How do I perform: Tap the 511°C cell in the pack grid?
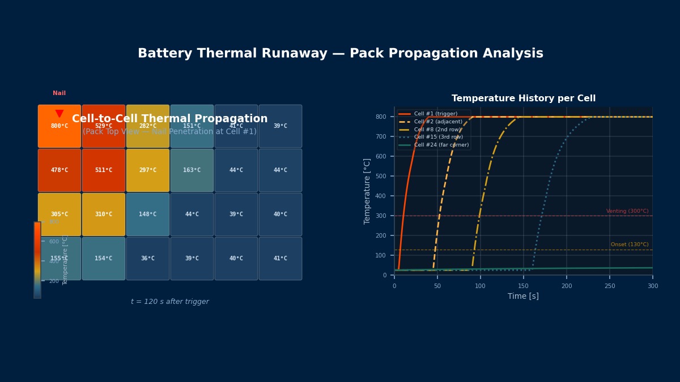(x=104, y=170)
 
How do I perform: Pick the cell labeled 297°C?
(x=148, y=170)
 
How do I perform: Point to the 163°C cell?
(x=192, y=170)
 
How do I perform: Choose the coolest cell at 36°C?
(x=148, y=259)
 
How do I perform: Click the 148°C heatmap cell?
(x=148, y=214)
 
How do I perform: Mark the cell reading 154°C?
(x=104, y=259)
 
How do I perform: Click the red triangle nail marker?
(x=59, y=114)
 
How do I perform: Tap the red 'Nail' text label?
(x=59, y=93)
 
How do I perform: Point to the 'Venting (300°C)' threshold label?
(x=627, y=211)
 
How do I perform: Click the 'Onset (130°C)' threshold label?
(x=629, y=244)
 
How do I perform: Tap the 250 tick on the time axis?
(x=610, y=286)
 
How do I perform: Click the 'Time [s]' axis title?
(x=523, y=297)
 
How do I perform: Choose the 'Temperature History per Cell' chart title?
(x=523, y=98)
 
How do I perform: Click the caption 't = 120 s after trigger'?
(x=170, y=302)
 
